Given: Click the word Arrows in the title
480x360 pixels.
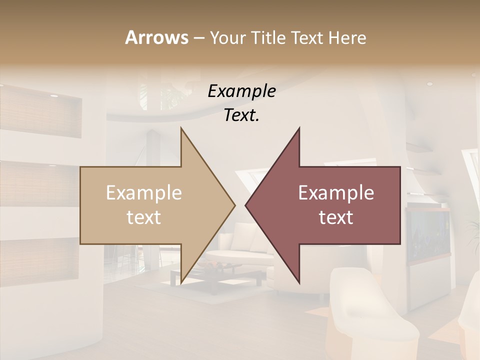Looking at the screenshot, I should click(156, 37).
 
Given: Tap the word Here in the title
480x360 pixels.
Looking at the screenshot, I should click(346, 38).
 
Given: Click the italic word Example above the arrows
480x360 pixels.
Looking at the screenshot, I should click(241, 91).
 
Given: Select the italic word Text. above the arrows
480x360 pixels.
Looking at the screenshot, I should click(241, 115).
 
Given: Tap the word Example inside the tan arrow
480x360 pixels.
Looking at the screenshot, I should click(143, 193).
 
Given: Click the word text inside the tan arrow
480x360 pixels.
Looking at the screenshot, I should click(143, 217).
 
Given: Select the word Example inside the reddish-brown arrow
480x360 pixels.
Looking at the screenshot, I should click(336, 193).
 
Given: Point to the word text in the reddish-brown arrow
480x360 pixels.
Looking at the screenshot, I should click(336, 217).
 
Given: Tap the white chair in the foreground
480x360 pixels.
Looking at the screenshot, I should click(370, 315).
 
